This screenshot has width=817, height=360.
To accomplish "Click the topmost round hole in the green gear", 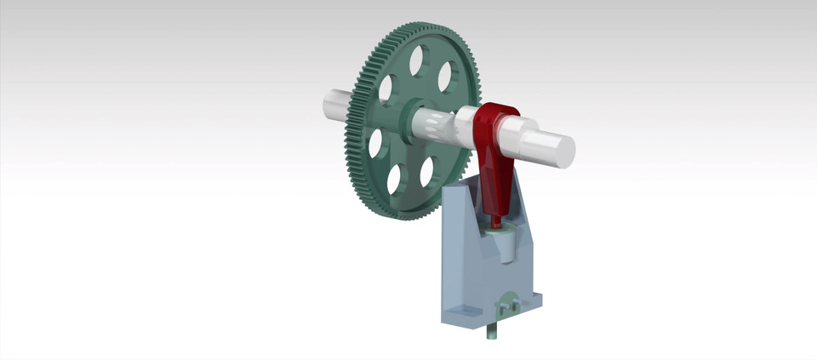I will pyautogui.click(x=416, y=60).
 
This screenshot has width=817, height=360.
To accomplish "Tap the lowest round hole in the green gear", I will pyautogui.click(x=394, y=179).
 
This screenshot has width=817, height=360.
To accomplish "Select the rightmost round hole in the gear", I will pyautogui.click(x=445, y=77).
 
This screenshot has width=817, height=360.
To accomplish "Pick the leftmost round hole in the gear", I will pyautogui.click(x=375, y=143).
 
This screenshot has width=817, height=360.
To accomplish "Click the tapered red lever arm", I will pyautogui.click(x=495, y=183).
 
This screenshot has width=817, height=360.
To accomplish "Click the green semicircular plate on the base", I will pyautogui.click(x=508, y=302).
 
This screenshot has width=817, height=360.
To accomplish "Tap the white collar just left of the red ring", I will pyautogui.click(x=466, y=128).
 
